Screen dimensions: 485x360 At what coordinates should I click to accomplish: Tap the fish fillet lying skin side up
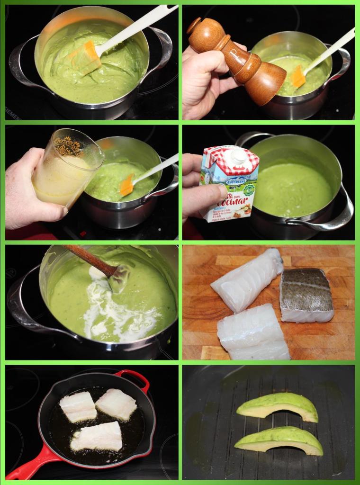coord(306,295)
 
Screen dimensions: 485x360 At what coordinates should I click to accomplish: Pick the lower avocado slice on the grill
coord(280,440)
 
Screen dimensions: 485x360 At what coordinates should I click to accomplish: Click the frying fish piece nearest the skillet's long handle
coord(97,436)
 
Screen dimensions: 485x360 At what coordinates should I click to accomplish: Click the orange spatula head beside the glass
coord(127,185)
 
